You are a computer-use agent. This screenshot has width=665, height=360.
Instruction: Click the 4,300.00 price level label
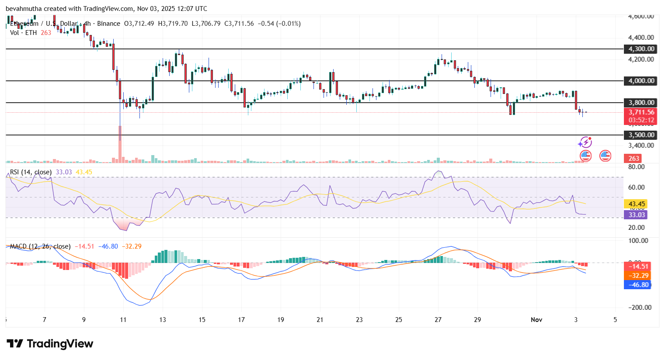tap(641, 49)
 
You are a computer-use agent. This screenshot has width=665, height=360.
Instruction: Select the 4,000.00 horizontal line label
tap(641, 81)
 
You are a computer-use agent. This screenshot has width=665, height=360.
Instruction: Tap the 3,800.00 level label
tap(641, 103)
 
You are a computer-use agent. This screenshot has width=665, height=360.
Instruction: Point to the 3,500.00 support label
tap(641, 135)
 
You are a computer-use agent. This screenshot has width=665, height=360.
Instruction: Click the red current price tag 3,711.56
tap(641, 113)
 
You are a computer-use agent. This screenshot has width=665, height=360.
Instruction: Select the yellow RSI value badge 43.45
tap(637, 204)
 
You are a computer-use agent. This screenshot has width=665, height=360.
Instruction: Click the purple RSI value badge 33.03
tap(637, 215)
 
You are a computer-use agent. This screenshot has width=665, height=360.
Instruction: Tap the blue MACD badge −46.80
tap(638, 285)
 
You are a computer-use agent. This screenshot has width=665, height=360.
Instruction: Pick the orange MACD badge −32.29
tap(638, 276)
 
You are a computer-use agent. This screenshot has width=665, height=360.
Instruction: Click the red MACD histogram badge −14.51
tap(638, 267)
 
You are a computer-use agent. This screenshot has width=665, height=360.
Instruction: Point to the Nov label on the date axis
tap(536, 320)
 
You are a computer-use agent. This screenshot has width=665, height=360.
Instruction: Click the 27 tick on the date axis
tap(438, 320)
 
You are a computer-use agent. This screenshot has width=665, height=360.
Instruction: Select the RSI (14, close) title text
tap(31, 172)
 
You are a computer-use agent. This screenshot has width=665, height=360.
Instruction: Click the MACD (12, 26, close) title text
tap(40, 246)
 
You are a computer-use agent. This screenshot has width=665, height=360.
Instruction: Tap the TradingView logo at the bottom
tap(50, 344)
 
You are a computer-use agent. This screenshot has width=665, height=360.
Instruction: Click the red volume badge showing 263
tap(634, 159)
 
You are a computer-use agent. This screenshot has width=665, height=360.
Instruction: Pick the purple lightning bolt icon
tap(585, 142)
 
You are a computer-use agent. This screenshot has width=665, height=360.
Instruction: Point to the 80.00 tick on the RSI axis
tap(637, 167)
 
